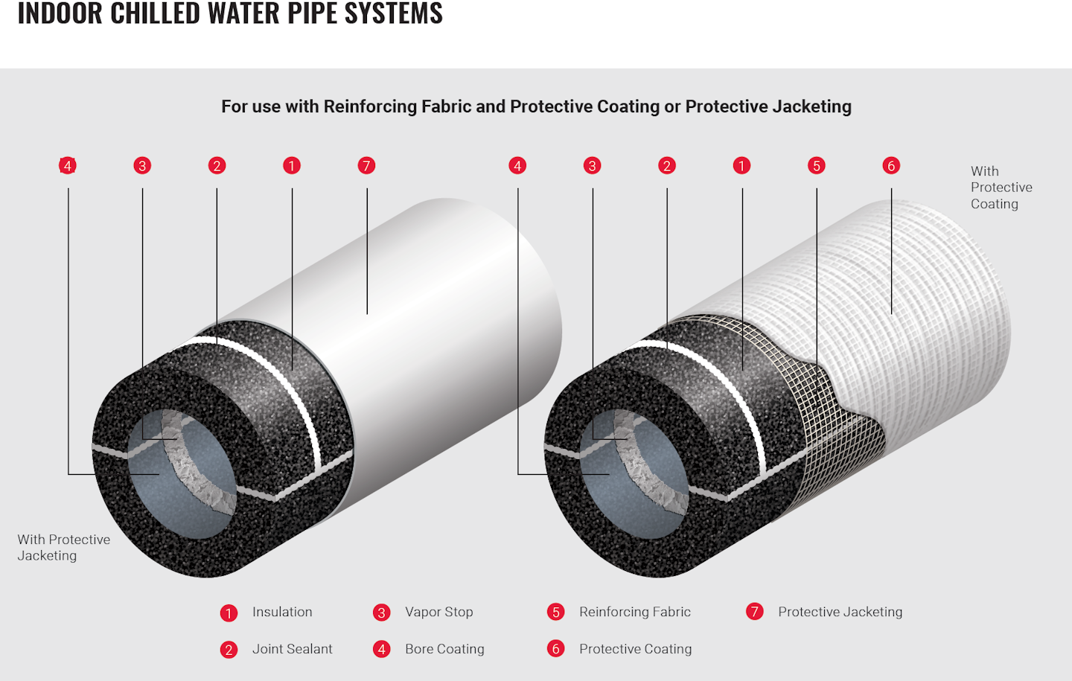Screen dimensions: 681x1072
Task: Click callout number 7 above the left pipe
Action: (x=366, y=165)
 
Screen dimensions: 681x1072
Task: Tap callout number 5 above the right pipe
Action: (x=817, y=165)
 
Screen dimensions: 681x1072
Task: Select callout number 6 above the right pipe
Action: (x=891, y=165)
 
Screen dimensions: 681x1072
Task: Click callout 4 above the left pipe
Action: (x=68, y=165)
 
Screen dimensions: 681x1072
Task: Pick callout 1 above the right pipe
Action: (x=741, y=165)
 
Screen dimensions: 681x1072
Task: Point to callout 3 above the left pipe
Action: (x=142, y=165)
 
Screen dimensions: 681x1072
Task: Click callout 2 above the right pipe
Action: (x=667, y=165)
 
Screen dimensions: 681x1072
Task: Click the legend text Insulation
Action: (x=282, y=612)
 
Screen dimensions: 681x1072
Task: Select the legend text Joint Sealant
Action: (x=292, y=649)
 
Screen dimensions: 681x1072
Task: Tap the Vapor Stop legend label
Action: (x=438, y=612)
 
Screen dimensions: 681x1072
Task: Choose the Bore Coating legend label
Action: (x=444, y=649)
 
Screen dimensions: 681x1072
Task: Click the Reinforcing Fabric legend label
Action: (x=635, y=612)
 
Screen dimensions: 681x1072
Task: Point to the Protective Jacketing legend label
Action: (x=840, y=612)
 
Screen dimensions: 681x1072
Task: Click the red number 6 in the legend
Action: (x=556, y=649)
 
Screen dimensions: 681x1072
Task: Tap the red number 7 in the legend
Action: (x=755, y=612)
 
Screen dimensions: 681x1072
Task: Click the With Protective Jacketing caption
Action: (x=63, y=547)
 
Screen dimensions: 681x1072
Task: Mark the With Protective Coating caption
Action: (x=1001, y=188)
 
